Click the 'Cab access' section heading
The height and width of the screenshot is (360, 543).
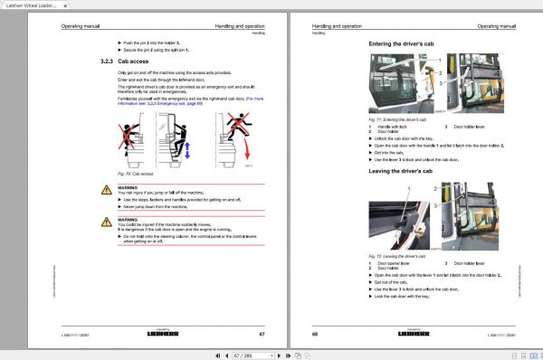[x=133, y=61]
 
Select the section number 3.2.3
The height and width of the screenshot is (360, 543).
[x=106, y=61]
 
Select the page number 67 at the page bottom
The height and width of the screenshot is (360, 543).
[x=262, y=335]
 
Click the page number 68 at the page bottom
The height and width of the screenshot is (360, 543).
[x=316, y=335]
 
